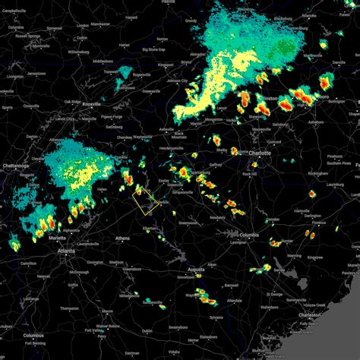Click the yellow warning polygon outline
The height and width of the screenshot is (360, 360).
144,201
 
